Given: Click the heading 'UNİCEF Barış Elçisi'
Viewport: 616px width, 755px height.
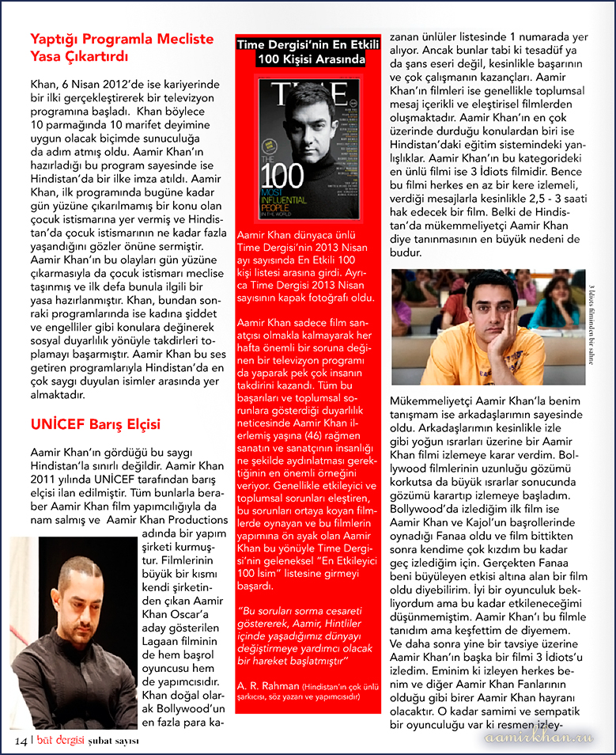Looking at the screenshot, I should (95, 423).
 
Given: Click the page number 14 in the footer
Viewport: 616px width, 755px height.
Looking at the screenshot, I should (20, 740).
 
